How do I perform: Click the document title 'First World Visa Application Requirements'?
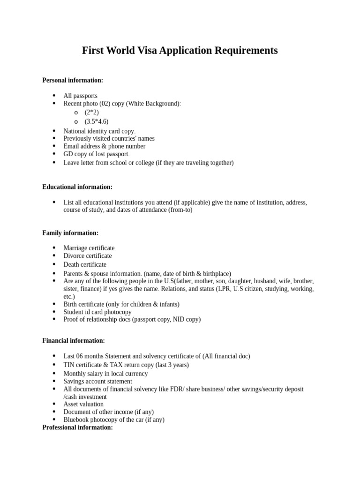point(180,51)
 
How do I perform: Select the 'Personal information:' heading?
point(73,80)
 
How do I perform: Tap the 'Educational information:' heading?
point(77,187)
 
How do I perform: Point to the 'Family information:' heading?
point(70,233)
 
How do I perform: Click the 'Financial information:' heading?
point(74,341)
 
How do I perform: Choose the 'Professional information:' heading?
point(77,427)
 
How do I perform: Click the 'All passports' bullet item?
point(81,96)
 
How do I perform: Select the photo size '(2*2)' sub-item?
point(91,112)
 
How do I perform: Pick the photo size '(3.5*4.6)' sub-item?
point(97,121)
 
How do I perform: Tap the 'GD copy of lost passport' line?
point(96,154)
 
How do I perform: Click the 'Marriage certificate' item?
point(89,248)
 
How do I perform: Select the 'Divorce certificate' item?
point(88,256)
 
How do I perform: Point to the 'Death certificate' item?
point(85,264)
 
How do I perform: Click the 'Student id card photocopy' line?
point(97,312)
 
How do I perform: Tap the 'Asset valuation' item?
point(83,404)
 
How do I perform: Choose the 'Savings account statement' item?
point(98,382)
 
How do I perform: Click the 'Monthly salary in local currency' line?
point(105,374)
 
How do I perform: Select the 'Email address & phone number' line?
point(105,146)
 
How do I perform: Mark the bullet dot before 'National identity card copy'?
point(54,131)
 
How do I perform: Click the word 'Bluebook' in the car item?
point(76,420)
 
